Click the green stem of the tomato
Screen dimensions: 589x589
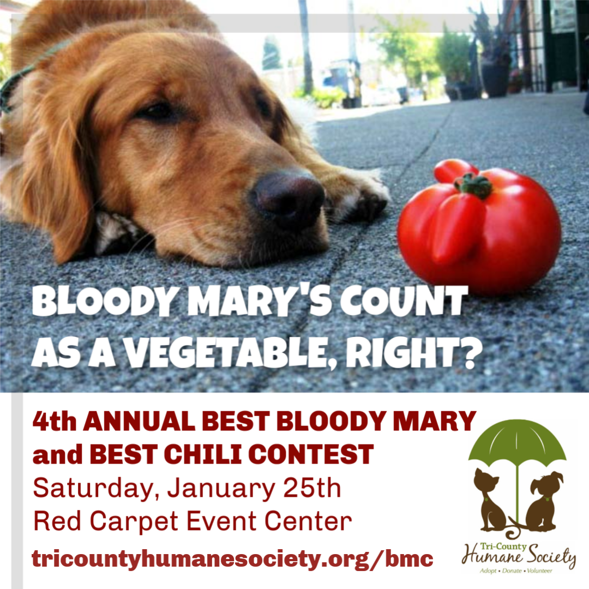pyautogui.click(x=473, y=185)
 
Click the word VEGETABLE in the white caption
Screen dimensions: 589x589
pyautogui.click(x=225, y=353)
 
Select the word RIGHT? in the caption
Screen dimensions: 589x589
pyautogui.click(x=414, y=353)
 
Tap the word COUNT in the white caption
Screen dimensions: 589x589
pyautogui.click(x=404, y=302)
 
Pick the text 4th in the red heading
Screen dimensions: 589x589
pyautogui.click(x=55, y=421)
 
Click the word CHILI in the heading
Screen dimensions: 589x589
pyautogui.click(x=203, y=454)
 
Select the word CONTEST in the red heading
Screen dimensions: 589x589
pyautogui.click(x=311, y=454)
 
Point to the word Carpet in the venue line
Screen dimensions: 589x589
pyautogui.click(x=134, y=522)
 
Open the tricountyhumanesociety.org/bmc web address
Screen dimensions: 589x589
pyautogui.click(x=232, y=560)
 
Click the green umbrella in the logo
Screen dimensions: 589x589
pyautogui.click(x=517, y=443)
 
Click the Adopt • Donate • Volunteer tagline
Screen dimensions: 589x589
pyautogui.click(x=516, y=571)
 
